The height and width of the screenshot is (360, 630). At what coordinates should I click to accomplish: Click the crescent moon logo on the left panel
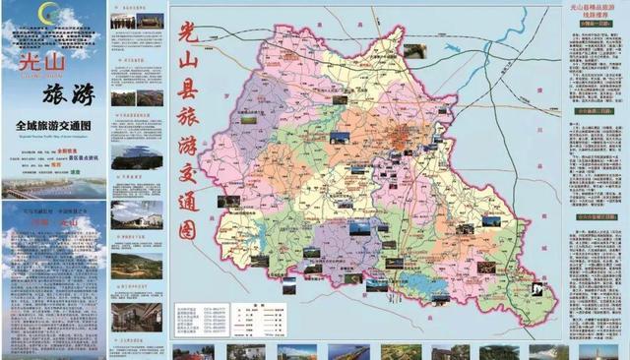point(46,14)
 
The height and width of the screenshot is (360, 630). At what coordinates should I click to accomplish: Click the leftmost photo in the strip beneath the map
point(186,351)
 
